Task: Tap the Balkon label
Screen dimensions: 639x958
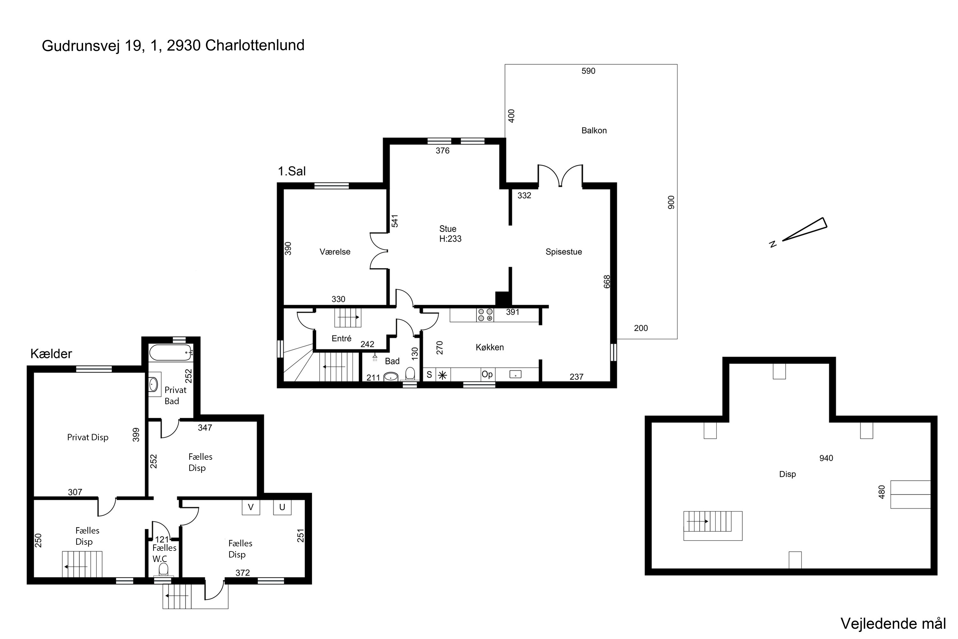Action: pyautogui.click(x=594, y=130)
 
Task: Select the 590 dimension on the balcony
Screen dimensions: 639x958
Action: pyautogui.click(x=588, y=71)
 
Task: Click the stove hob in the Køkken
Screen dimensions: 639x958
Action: pyautogui.click(x=485, y=315)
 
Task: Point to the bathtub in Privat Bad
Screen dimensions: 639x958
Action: pyautogui.click(x=170, y=352)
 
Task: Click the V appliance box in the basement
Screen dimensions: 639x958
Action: pyautogui.click(x=251, y=507)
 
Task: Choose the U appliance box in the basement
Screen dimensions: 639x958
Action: pyautogui.click(x=282, y=507)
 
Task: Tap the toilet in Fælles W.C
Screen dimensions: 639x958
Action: pyautogui.click(x=163, y=569)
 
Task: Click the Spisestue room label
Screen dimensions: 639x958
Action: pyautogui.click(x=563, y=252)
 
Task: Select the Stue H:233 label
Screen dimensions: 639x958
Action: pyautogui.click(x=450, y=234)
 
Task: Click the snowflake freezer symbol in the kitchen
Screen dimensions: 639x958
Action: pyautogui.click(x=442, y=375)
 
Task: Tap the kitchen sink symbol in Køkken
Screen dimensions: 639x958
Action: pyautogui.click(x=515, y=374)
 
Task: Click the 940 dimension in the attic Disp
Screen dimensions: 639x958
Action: pyautogui.click(x=826, y=458)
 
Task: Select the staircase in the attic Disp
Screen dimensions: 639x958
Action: pyautogui.click(x=712, y=525)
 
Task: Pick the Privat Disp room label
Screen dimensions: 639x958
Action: pyautogui.click(x=87, y=437)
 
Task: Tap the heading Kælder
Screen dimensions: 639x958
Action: pyautogui.click(x=51, y=354)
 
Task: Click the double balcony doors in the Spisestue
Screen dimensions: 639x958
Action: pyautogui.click(x=560, y=176)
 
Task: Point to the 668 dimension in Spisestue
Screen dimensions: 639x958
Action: pyautogui.click(x=607, y=281)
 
